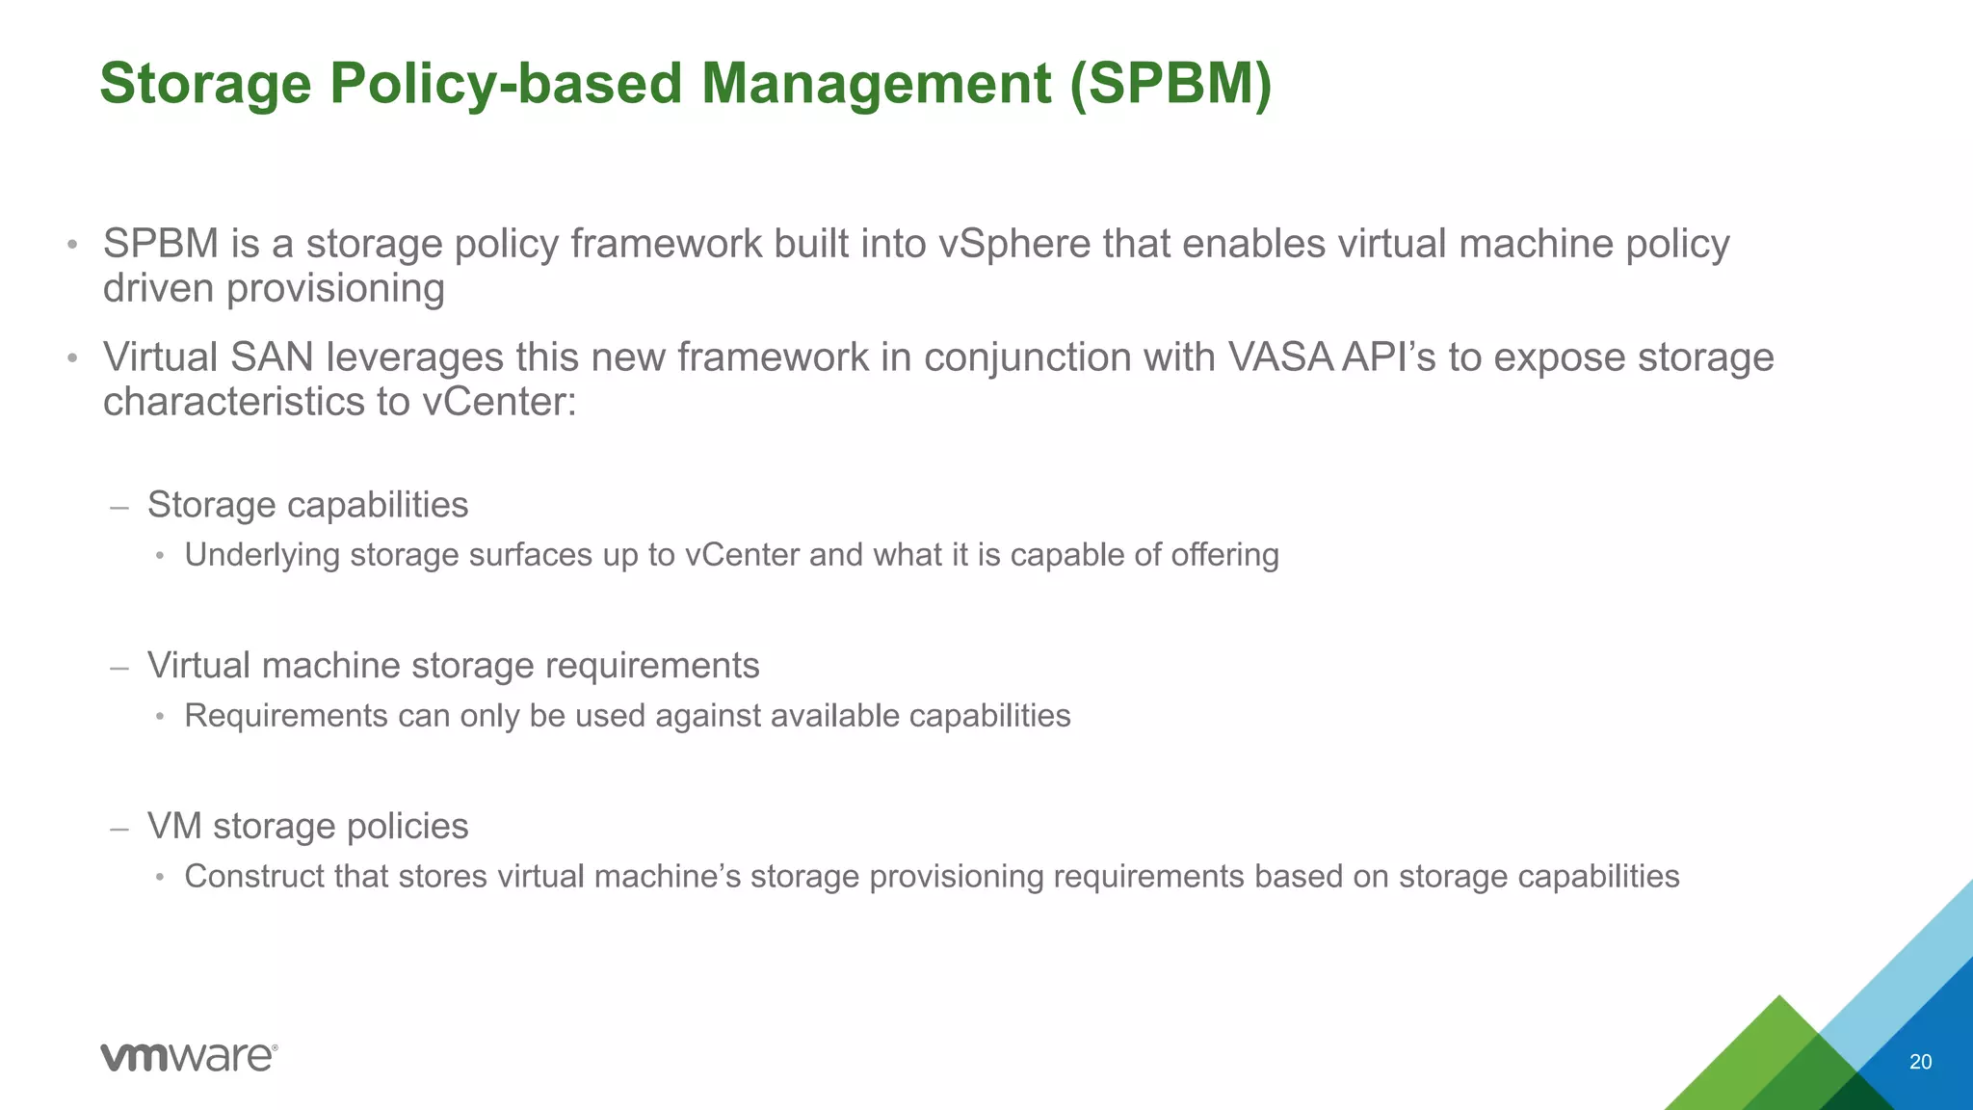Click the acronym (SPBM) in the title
coord(1171,84)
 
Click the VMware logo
coord(189,1057)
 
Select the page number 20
coord(1920,1062)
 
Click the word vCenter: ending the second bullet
coord(499,402)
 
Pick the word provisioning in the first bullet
coord(335,289)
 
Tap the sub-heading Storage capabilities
coord(307,505)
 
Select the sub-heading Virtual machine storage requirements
coord(453,666)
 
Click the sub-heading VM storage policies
coord(307,827)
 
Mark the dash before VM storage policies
coord(119,828)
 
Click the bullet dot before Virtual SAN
coord(71,359)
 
